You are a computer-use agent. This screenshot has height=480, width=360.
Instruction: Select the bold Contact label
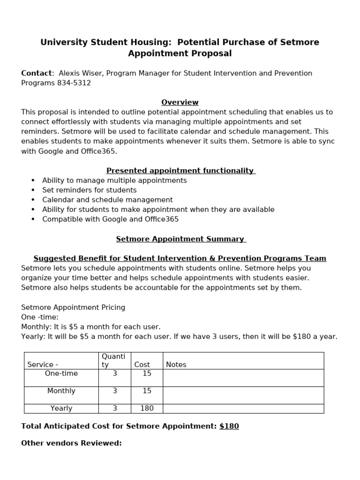36,73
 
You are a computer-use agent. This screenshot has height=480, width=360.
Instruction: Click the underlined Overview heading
180,102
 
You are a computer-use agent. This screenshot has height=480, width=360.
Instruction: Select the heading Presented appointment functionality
180,171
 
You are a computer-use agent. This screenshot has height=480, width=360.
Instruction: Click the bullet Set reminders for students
89,190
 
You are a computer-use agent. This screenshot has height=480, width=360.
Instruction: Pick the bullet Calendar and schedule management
107,200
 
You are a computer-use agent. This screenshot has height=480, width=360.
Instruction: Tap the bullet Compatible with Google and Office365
110,219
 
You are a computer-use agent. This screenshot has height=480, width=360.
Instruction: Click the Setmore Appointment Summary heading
180,239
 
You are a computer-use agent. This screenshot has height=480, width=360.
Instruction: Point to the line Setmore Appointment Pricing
73,307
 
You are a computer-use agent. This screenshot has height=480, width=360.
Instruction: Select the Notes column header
176,364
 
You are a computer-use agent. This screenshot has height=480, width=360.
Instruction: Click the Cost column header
142,364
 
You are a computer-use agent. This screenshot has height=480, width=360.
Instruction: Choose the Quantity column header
113,360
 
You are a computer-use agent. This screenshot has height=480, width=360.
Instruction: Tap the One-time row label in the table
61,374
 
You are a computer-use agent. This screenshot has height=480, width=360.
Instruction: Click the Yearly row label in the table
61,408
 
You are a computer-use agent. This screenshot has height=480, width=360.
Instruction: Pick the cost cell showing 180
147,408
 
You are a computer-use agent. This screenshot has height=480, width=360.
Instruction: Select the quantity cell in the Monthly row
115,391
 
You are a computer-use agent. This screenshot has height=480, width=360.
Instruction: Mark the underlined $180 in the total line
229,426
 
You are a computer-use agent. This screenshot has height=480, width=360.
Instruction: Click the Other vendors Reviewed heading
71,443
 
